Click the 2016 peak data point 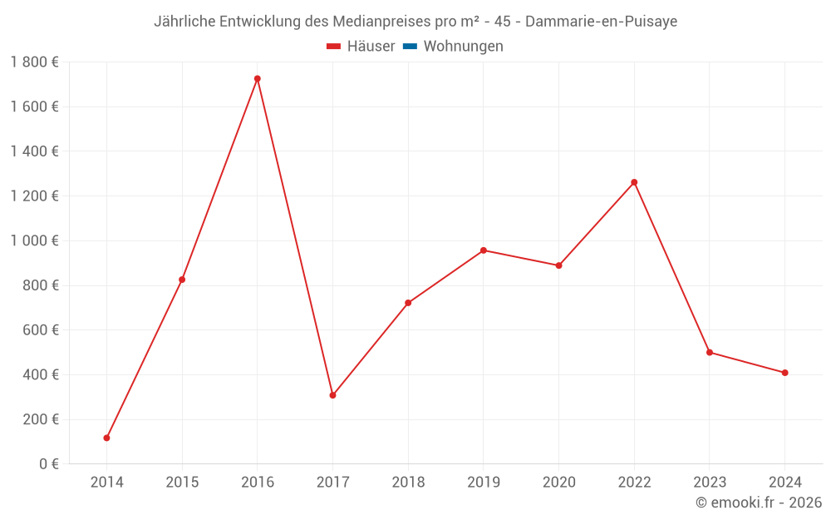(258, 79)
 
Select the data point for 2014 (106, 438)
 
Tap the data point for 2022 (634, 182)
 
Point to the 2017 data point (332, 395)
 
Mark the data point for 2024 (784, 373)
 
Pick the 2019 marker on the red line (484, 250)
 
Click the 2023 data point (710, 352)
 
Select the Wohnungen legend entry (463, 47)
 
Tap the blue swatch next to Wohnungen (410, 47)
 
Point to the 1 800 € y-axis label (35, 62)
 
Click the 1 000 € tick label (35, 240)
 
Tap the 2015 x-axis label (182, 482)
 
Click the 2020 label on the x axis (558, 482)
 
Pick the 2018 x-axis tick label (408, 482)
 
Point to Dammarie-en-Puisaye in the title (601, 22)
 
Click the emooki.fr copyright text (759, 503)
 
